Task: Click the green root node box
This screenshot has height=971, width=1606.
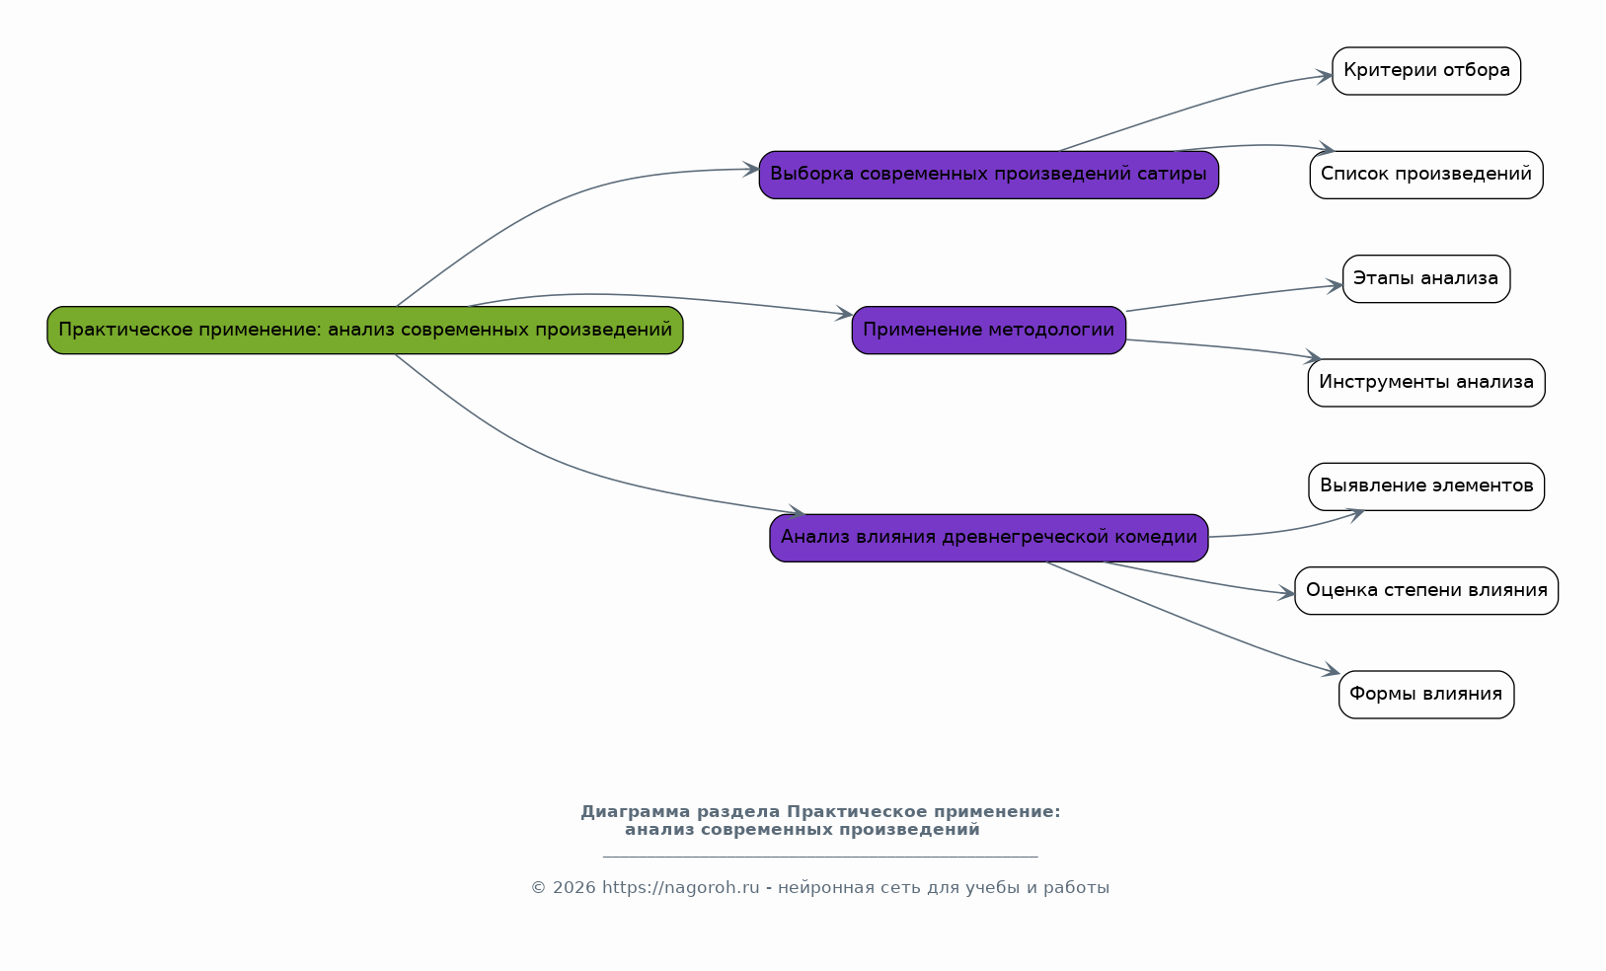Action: (365, 331)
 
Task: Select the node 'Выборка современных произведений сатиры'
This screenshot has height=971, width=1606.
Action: (989, 175)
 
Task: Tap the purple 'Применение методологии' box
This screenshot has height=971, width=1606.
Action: (989, 331)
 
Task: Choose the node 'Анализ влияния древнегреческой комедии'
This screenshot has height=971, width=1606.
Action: (989, 538)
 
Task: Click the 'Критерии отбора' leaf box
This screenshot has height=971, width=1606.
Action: (1426, 71)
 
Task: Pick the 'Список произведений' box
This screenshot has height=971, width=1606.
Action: (1426, 175)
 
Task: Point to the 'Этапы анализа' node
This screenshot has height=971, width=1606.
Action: (1426, 278)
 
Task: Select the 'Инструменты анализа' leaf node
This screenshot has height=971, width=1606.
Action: (1426, 383)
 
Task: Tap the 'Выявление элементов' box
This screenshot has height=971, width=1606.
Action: (1426, 486)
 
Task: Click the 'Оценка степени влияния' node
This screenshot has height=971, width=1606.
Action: (1426, 590)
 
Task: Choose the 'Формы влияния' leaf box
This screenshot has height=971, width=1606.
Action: (1426, 695)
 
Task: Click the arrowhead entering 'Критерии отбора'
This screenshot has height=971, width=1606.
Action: (1324, 76)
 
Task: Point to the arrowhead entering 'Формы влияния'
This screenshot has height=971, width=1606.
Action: (1332, 670)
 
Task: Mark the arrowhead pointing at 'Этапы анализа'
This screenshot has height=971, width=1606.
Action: (1335, 286)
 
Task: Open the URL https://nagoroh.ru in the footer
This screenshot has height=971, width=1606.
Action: (680, 888)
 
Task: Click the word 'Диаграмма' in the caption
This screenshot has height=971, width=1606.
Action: (636, 812)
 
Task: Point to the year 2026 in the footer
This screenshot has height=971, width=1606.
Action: (574, 888)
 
